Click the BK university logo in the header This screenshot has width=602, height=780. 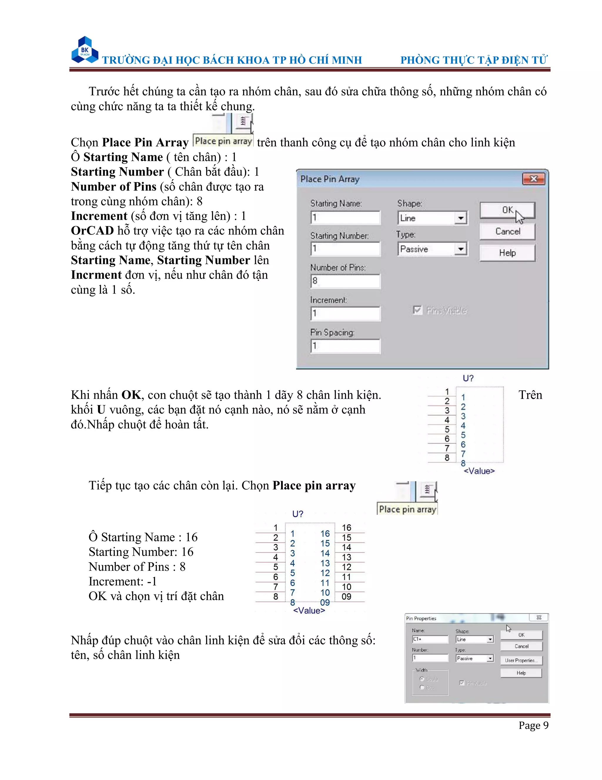point(85,50)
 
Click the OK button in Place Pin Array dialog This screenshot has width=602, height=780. point(507,210)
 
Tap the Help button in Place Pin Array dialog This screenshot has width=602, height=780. point(507,253)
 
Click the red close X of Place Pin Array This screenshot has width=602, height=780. point(534,179)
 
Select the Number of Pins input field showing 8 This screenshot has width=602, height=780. point(345,281)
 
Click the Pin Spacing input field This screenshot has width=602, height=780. point(345,346)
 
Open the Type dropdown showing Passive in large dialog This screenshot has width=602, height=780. point(461,249)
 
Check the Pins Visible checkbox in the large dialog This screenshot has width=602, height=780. point(417,310)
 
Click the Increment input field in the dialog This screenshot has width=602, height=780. point(345,314)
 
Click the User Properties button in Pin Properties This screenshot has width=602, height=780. point(521,660)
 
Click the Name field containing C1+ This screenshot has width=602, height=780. point(430,639)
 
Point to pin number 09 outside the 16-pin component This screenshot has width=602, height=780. point(347,596)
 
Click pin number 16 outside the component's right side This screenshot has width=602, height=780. point(347,528)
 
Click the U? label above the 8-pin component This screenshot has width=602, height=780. point(468,378)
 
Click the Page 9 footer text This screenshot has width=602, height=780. point(533,725)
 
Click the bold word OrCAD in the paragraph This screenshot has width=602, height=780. point(92,231)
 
